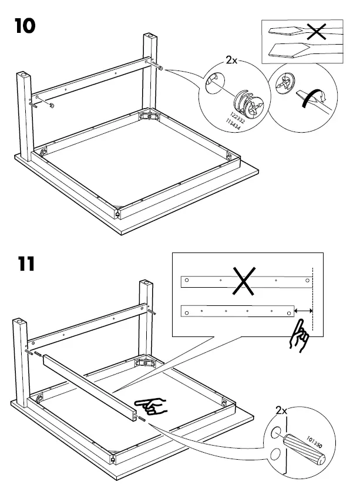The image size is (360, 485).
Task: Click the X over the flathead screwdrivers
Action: point(317,33)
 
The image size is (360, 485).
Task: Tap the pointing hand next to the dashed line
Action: point(299,336)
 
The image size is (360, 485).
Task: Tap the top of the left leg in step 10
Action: point(22,76)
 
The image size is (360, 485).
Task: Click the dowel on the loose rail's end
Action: point(141,419)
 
